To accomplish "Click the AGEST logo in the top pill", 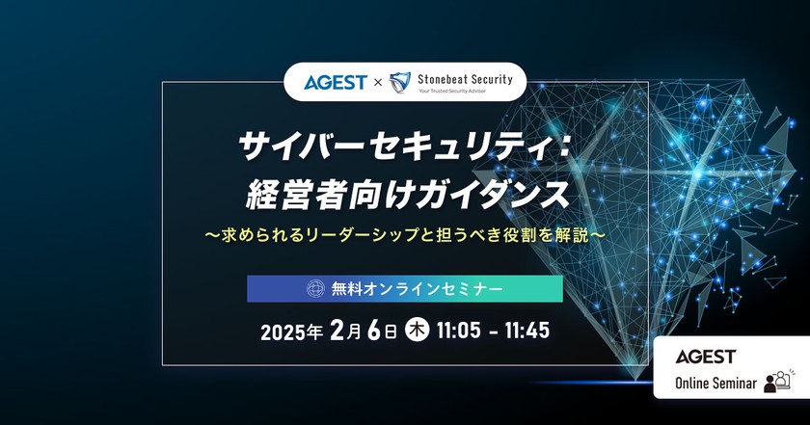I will (x=336, y=82).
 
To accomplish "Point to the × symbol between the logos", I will (x=377, y=83).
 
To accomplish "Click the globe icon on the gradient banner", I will (x=315, y=288).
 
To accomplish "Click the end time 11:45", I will (x=526, y=332).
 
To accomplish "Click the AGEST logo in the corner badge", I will (x=706, y=357).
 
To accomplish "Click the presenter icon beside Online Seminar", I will (x=776, y=381).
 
